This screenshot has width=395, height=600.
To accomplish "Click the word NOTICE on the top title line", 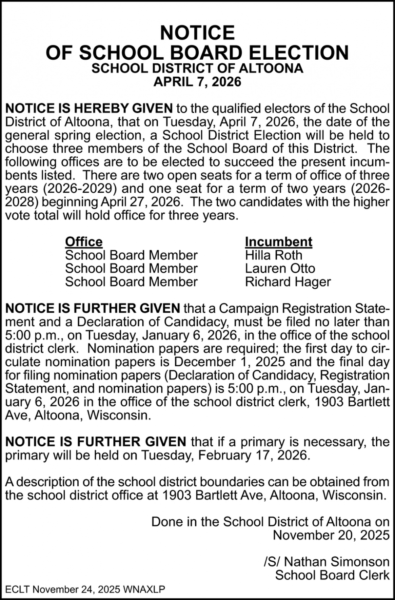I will (x=197, y=33).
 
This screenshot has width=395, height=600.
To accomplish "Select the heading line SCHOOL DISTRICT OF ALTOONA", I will (x=197, y=68).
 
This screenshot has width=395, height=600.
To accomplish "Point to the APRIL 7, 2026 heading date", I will (x=197, y=82).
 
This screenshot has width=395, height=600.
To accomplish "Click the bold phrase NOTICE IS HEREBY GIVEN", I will (x=89, y=108).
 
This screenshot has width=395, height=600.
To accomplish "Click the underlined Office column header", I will (x=84, y=242).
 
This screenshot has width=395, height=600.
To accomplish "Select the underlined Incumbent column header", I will (x=279, y=242).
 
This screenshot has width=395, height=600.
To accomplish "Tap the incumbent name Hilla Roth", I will (x=273, y=255).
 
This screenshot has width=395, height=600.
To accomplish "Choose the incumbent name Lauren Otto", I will (x=280, y=268).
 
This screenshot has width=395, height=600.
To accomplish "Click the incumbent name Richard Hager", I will (x=288, y=281).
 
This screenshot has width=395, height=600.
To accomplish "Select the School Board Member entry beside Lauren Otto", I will (x=131, y=268).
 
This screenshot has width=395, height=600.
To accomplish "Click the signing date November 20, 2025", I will (x=331, y=535).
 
